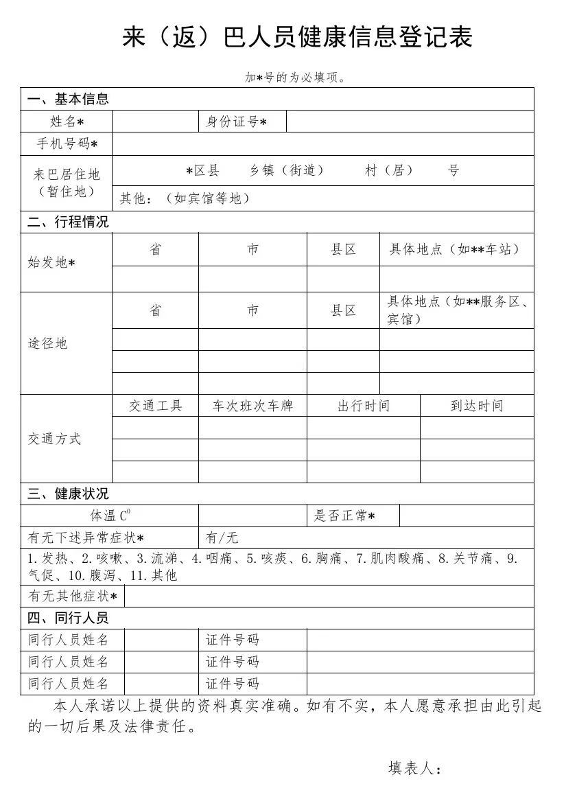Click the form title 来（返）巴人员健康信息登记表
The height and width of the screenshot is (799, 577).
pos(297,38)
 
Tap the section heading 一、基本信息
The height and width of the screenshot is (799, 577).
pos(68,100)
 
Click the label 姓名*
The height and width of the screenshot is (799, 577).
pos(67,121)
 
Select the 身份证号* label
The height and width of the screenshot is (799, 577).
pos(236,121)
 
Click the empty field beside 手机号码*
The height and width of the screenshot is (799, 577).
pos(322,144)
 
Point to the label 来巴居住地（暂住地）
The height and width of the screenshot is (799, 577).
pos(67,183)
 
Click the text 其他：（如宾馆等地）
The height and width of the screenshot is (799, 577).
pos(185,198)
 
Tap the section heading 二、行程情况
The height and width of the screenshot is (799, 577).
pos(68,222)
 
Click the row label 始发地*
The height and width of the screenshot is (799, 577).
pos(51,263)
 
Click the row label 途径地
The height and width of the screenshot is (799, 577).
pos(48,343)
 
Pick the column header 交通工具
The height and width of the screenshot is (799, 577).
pos(156,406)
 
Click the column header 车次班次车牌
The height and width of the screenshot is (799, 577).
pos(252,406)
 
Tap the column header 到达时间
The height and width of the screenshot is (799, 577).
pos(477,406)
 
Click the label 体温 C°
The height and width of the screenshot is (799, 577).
pos(110,516)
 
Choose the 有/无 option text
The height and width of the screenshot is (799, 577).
pos(222,537)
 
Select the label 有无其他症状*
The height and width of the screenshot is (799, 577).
pos(73,597)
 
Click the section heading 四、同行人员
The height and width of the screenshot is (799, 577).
pos(68,618)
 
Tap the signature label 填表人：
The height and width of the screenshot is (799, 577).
pos(414,768)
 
